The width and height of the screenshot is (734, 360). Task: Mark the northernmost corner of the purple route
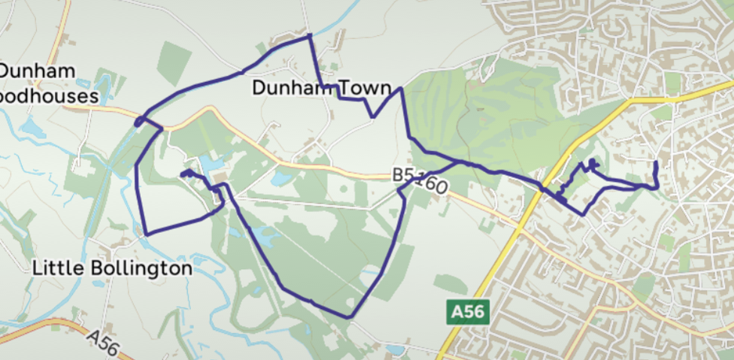click(309, 35)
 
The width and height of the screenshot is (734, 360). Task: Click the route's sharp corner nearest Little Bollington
click(145, 234)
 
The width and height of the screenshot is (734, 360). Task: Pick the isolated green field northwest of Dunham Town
click(174, 63)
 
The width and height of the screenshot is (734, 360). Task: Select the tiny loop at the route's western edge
click(139, 121)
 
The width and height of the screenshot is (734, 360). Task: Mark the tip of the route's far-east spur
click(657, 162)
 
